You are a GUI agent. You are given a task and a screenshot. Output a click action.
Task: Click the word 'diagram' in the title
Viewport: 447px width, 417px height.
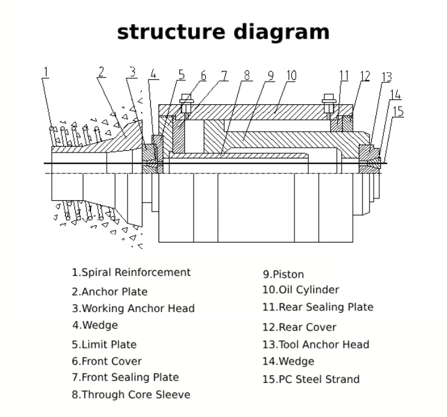coord(282,33)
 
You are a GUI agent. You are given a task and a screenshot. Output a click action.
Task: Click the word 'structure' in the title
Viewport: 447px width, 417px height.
coord(171,32)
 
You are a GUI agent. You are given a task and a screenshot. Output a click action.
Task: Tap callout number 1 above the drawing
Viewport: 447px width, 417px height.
coord(46,72)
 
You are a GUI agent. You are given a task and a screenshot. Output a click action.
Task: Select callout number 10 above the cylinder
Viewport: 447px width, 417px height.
coord(291,76)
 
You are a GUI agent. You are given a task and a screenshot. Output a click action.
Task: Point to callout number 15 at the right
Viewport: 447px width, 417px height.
coord(398,111)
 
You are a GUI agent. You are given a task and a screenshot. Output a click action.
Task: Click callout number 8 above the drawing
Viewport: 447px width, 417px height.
coord(247,75)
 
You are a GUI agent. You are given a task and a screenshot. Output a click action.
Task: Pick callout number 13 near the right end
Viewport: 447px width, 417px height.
coord(387,77)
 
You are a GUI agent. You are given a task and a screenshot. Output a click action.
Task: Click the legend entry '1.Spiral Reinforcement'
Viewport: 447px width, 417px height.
coord(131,272)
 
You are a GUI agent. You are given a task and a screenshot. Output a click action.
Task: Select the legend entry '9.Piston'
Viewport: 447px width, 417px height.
coord(283,275)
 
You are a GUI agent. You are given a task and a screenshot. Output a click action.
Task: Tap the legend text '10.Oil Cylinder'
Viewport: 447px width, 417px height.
coord(301,290)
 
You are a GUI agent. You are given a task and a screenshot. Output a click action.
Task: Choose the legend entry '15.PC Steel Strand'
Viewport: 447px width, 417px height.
coord(311,379)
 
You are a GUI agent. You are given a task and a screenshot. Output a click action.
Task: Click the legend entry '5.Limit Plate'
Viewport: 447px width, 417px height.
coord(104,344)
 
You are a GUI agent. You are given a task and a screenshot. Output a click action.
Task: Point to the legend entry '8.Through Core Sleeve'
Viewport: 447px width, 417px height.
coord(131,395)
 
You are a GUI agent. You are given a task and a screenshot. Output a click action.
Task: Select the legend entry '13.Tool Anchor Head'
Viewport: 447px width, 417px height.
coord(316,344)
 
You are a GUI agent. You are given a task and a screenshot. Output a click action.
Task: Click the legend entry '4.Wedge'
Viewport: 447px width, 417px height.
coord(95,325)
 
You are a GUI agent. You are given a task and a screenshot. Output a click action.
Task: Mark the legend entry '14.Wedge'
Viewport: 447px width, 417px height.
coord(288,362)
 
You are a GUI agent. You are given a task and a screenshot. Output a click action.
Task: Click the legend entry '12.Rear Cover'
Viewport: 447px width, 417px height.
coord(299,327)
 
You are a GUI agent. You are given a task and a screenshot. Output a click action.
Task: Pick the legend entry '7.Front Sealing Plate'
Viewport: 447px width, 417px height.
coord(125,377)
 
